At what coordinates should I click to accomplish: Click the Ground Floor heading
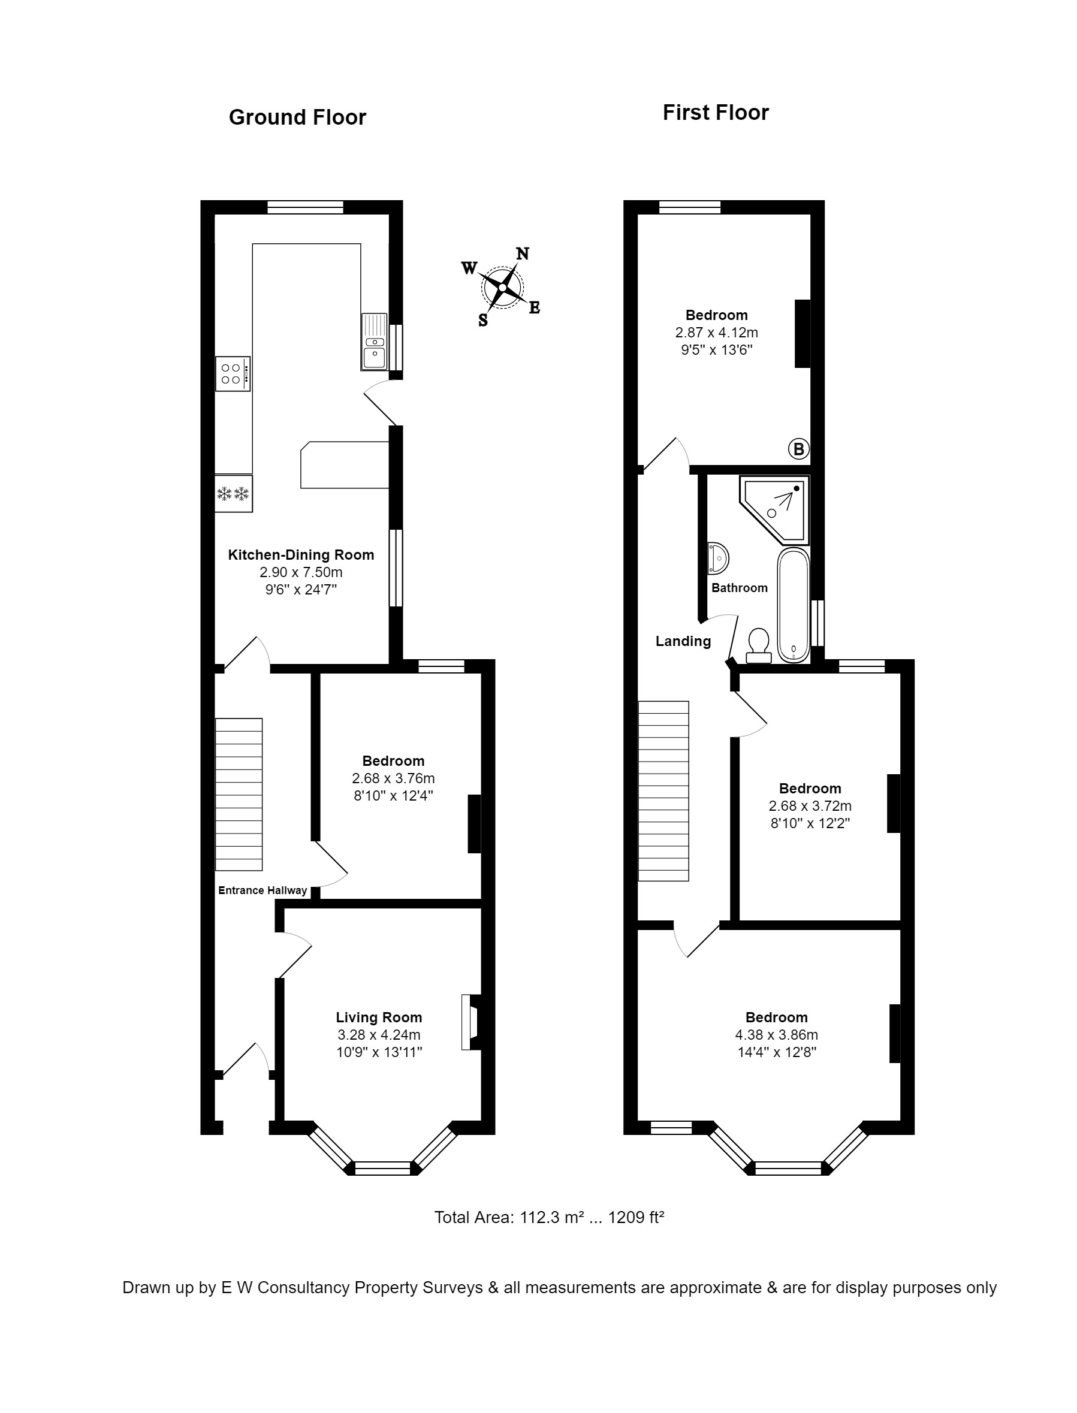tap(297, 117)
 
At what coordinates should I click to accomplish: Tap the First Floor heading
tap(716, 113)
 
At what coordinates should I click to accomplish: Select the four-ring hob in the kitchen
tap(233, 373)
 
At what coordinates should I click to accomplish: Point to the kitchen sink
tap(375, 342)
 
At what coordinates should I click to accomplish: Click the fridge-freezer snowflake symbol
tap(233, 493)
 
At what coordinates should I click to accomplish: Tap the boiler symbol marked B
tap(799, 449)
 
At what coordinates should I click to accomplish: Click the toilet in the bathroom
tap(759, 645)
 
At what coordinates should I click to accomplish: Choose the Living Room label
tap(379, 1018)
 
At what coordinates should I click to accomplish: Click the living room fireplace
tap(471, 1022)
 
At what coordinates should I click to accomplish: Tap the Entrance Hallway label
tap(263, 890)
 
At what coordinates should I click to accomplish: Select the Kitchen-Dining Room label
tap(301, 555)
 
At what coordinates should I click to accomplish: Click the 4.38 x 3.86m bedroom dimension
tap(776, 1035)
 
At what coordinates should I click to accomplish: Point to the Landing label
tap(683, 641)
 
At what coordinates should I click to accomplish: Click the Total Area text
tap(550, 1217)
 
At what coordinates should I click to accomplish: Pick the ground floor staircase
tap(239, 795)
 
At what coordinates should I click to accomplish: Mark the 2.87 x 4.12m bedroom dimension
tap(717, 333)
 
